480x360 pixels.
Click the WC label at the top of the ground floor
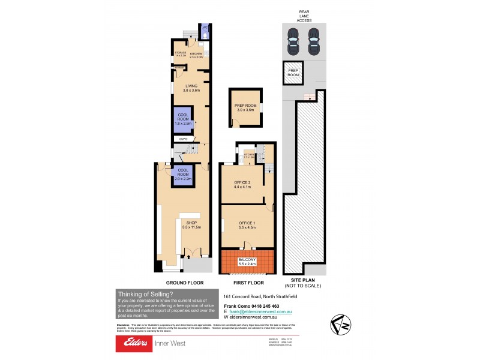tap(204, 28)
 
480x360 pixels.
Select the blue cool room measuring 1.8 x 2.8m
tap(183, 119)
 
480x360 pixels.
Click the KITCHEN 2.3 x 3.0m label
tap(197, 55)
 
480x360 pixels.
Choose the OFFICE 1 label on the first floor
tap(247, 226)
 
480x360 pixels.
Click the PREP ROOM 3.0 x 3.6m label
tap(245, 108)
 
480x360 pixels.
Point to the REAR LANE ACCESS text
tap(303, 16)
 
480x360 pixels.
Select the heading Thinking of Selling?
tap(144, 294)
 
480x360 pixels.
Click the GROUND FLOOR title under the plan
tap(184, 282)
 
